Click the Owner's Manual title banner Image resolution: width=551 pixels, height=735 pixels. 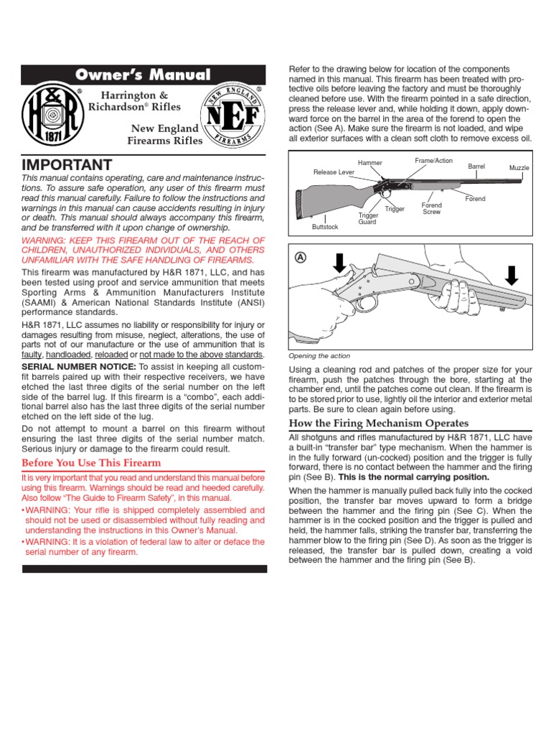click(143, 75)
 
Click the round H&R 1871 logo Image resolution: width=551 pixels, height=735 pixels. click(50, 115)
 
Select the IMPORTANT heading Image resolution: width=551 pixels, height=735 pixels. click(67, 164)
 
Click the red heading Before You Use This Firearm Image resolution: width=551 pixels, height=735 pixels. click(92, 462)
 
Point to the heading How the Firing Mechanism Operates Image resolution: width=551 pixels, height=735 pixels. click(378, 423)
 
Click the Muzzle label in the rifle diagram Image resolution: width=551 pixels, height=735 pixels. click(519, 167)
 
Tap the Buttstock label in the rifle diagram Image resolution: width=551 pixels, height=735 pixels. click(324, 226)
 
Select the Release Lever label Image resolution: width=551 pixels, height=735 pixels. click(334, 172)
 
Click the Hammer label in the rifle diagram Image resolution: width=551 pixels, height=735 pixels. click(370, 163)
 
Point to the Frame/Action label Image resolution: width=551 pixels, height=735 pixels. click(433, 161)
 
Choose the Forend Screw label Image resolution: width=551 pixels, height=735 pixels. click(432, 209)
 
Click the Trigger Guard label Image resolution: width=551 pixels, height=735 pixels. click(367, 218)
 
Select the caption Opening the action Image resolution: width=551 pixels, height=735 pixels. click(319, 355)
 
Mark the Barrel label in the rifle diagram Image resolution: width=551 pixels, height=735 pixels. click(476, 166)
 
